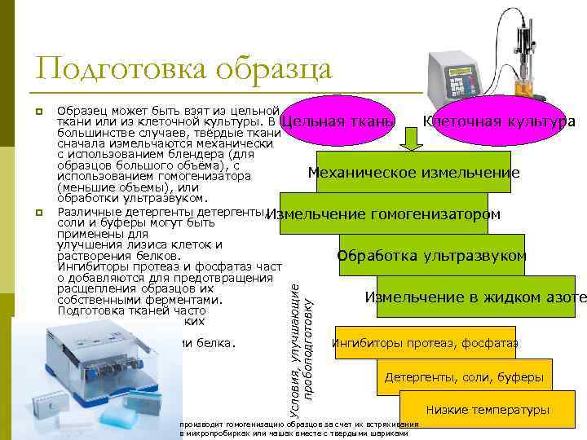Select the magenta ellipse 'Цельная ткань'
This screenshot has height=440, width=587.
coord(338,122)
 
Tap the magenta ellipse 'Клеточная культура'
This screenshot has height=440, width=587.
coord(498,121)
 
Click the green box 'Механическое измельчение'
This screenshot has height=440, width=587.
coord(413,172)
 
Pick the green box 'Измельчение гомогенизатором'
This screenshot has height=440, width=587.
coord(383,213)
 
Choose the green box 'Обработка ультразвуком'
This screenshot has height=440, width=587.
coord(431,256)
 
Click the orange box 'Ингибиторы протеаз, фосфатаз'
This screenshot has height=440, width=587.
coord(424,342)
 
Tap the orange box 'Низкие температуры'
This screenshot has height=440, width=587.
coord(488,410)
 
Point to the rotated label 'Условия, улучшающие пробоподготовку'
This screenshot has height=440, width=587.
coord(302,342)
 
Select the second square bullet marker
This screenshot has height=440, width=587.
coord(38,213)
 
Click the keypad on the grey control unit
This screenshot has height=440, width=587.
coord(460,85)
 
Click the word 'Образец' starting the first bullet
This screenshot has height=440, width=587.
coord(79,111)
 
